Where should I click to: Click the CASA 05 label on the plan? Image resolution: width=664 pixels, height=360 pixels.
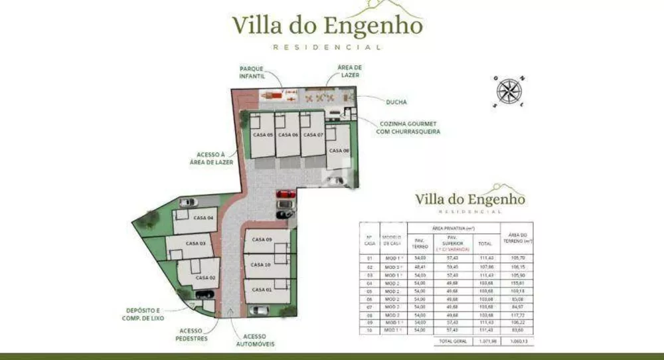pos(262,134)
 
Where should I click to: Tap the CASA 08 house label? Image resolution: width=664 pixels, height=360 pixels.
pos(339,151)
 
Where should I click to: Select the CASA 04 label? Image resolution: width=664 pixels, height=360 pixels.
pos(204,218)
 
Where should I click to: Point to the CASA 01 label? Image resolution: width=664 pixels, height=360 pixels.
pos(262,290)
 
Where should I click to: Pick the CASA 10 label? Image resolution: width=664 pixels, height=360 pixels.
pos(261,264)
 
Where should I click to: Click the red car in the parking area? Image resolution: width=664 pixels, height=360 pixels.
pos(286,194)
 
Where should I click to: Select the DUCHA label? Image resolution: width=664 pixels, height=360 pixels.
pos(396,102)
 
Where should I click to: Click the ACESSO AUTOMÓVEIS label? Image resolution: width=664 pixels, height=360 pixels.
pos(255,340)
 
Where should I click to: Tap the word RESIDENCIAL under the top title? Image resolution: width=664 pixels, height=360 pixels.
pos(327,47)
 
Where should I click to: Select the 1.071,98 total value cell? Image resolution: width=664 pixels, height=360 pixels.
pos(485,341)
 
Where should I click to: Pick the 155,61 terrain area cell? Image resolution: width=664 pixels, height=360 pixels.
pos(517,282)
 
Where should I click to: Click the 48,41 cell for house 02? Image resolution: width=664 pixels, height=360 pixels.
pos(420,266)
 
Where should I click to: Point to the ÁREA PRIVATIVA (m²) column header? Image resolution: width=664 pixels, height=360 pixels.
pos(453,228)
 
